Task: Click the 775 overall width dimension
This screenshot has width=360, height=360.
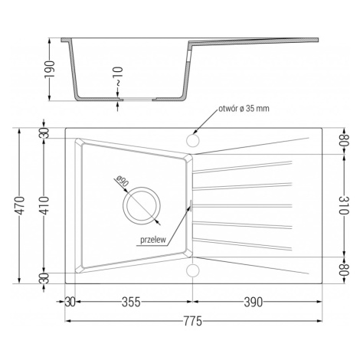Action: click(x=193, y=321)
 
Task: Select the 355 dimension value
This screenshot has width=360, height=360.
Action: click(x=131, y=302)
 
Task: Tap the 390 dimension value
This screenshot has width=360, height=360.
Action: click(x=253, y=302)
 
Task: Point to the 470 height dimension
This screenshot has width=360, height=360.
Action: click(x=20, y=205)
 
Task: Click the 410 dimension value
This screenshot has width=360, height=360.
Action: click(x=43, y=205)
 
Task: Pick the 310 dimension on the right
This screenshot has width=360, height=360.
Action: click(x=345, y=205)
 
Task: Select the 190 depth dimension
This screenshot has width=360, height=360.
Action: click(x=51, y=70)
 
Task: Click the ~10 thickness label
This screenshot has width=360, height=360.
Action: click(x=118, y=77)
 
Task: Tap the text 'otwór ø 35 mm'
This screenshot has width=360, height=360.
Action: click(x=244, y=109)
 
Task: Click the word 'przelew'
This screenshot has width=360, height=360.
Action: click(x=153, y=240)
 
